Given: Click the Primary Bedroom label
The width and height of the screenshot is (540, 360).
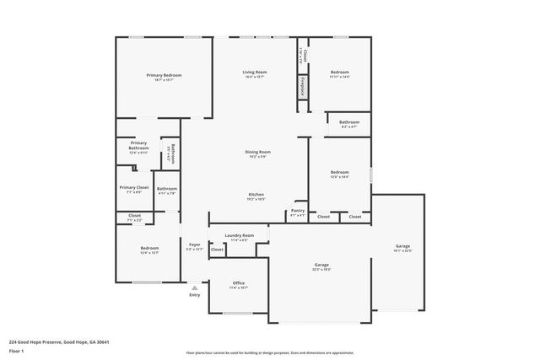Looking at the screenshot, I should [164, 76].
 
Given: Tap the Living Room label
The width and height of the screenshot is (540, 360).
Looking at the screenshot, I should [255, 73].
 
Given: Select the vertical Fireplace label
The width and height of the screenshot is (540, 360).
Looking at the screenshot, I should [302, 86].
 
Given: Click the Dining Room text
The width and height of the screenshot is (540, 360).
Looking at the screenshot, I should [257, 152].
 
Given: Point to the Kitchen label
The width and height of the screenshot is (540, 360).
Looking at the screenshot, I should [256, 195].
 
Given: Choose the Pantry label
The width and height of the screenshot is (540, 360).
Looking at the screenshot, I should [297, 211].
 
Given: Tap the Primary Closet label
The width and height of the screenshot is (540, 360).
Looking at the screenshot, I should [133, 187].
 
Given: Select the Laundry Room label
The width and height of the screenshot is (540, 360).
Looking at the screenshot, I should [238, 236].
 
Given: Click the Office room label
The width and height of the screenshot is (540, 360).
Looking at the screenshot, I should [238, 283].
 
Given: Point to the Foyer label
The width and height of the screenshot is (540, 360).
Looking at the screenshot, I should [194, 244].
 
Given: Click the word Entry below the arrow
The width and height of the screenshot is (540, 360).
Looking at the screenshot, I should [195, 295].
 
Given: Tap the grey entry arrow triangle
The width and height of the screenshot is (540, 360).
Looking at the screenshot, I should [195, 287].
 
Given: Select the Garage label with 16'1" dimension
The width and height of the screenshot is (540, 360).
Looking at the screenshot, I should [402, 246].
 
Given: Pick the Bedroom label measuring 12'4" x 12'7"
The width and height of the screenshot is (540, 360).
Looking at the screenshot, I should [148, 249].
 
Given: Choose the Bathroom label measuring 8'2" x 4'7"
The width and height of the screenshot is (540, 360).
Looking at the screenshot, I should [349, 122].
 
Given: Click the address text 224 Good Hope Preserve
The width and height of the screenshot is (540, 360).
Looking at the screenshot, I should [59, 341].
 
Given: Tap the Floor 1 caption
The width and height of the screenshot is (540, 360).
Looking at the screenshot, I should [17, 351].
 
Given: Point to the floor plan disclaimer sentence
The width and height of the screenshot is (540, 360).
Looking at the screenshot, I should [269, 352].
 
